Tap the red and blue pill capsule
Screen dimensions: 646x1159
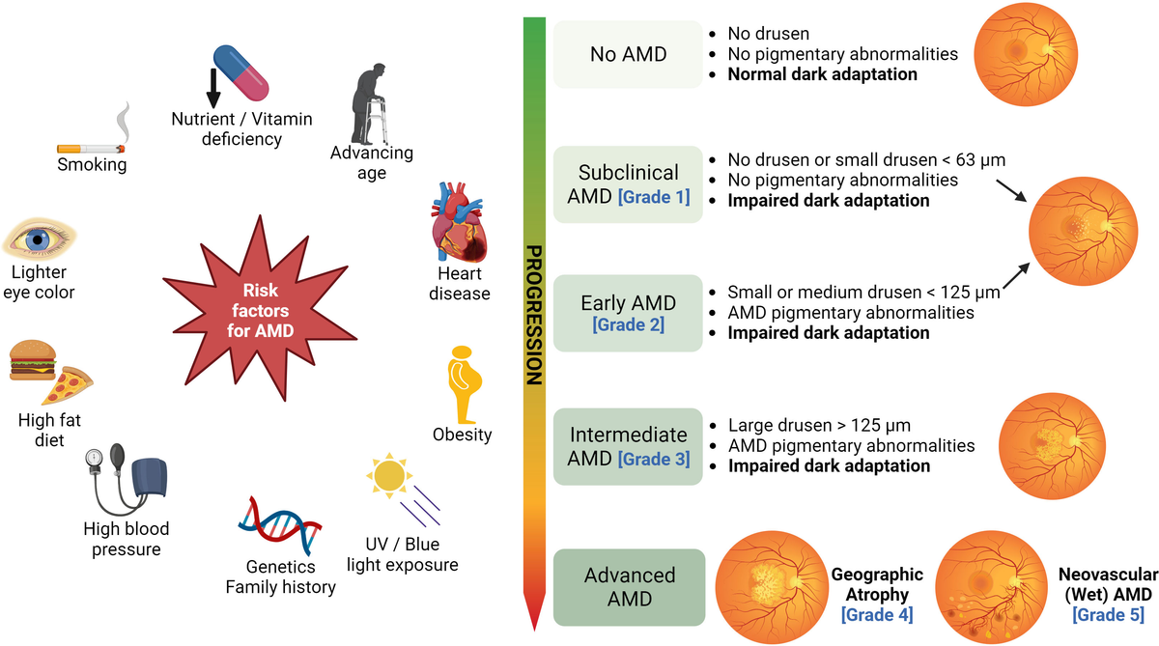(x=242, y=73)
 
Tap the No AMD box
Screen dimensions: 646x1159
(x=628, y=55)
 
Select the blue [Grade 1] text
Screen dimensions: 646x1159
(x=653, y=197)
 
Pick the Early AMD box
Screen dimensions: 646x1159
(x=628, y=312)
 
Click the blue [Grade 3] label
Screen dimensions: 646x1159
(x=654, y=459)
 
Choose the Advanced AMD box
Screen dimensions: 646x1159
(x=629, y=586)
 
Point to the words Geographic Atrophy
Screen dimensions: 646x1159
(x=877, y=584)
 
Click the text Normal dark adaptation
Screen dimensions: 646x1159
(x=822, y=73)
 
